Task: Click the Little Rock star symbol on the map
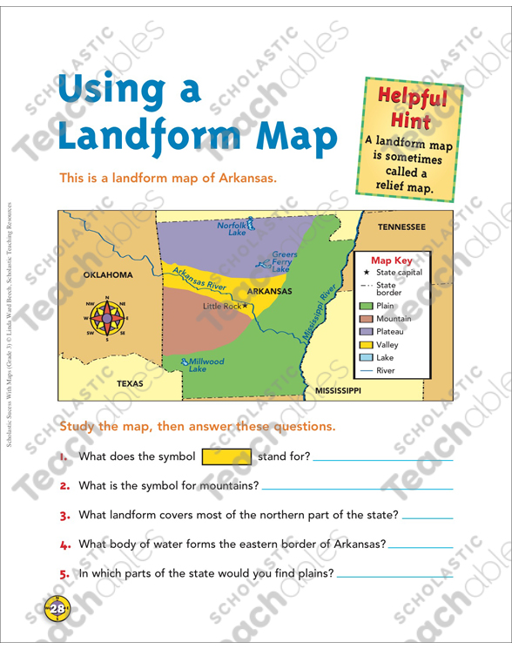click(x=245, y=306)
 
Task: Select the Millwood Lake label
click(x=206, y=365)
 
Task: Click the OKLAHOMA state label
click(x=108, y=274)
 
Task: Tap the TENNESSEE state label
click(x=401, y=226)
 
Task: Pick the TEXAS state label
click(x=130, y=382)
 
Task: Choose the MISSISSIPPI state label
click(x=337, y=391)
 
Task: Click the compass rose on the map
click(x=106, y=319)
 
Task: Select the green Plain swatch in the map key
click(x=366, y=306)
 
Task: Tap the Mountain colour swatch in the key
click(x=366, y=319)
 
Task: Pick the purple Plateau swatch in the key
click(x=366, y=332)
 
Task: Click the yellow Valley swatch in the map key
click(x=366, y=345)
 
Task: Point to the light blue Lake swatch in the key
click(x=366, y=357)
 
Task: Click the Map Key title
click(x=391, y=260)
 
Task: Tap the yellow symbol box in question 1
click(x=226, y=456)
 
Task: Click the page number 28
click(x=57, y=609)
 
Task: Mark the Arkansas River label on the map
click(x=199, y=281)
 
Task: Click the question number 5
click(x=64, y=573)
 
